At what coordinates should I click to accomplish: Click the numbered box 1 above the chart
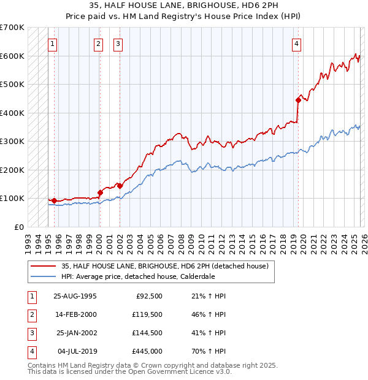tap(53, 44)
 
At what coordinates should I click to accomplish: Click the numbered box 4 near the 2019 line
tap(296, 44)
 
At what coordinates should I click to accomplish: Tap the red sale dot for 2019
tap(298, 100)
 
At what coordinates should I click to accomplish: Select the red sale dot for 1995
tap(54, 200)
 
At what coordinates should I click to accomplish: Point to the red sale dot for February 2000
tap(99, 192)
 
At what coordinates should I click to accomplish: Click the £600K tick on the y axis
tap(12, 56)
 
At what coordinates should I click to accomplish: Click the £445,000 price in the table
tap(148, 351)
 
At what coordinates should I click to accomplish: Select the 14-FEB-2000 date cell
tap(75, 314)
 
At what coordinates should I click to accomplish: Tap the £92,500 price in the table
tap(150, 295)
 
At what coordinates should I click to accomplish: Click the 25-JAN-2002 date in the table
tap(75, 333)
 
